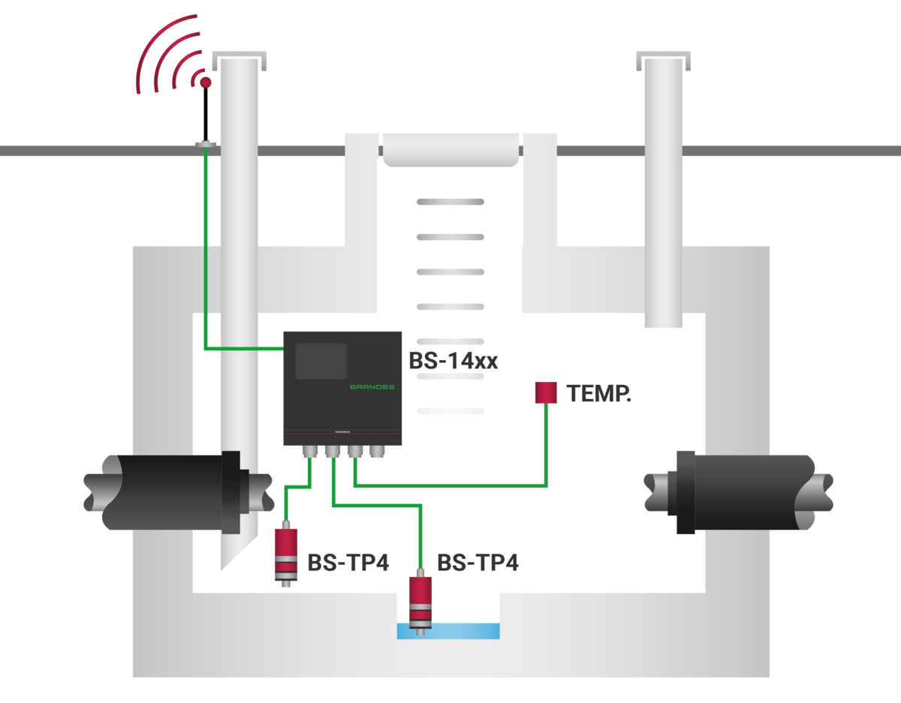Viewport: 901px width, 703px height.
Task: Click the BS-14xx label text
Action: pos(453,361)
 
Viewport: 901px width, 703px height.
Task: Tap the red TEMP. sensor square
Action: pos(546,392)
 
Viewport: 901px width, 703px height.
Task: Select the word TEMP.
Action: pos(598,394)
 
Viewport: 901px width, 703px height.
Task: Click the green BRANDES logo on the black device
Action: pos(372,387)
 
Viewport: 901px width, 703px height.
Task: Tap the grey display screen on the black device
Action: pos(321,361)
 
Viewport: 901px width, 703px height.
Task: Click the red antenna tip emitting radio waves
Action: pos(204,80)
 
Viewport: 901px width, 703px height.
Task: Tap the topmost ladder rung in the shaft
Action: pos(450,202)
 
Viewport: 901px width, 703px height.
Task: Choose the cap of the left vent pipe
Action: pos(239,57)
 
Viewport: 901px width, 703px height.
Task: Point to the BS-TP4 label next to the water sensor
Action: pos(478,563)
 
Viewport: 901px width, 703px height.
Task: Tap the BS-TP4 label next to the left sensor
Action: pos(348,563)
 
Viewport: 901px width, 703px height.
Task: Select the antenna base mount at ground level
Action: pos(204,143)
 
